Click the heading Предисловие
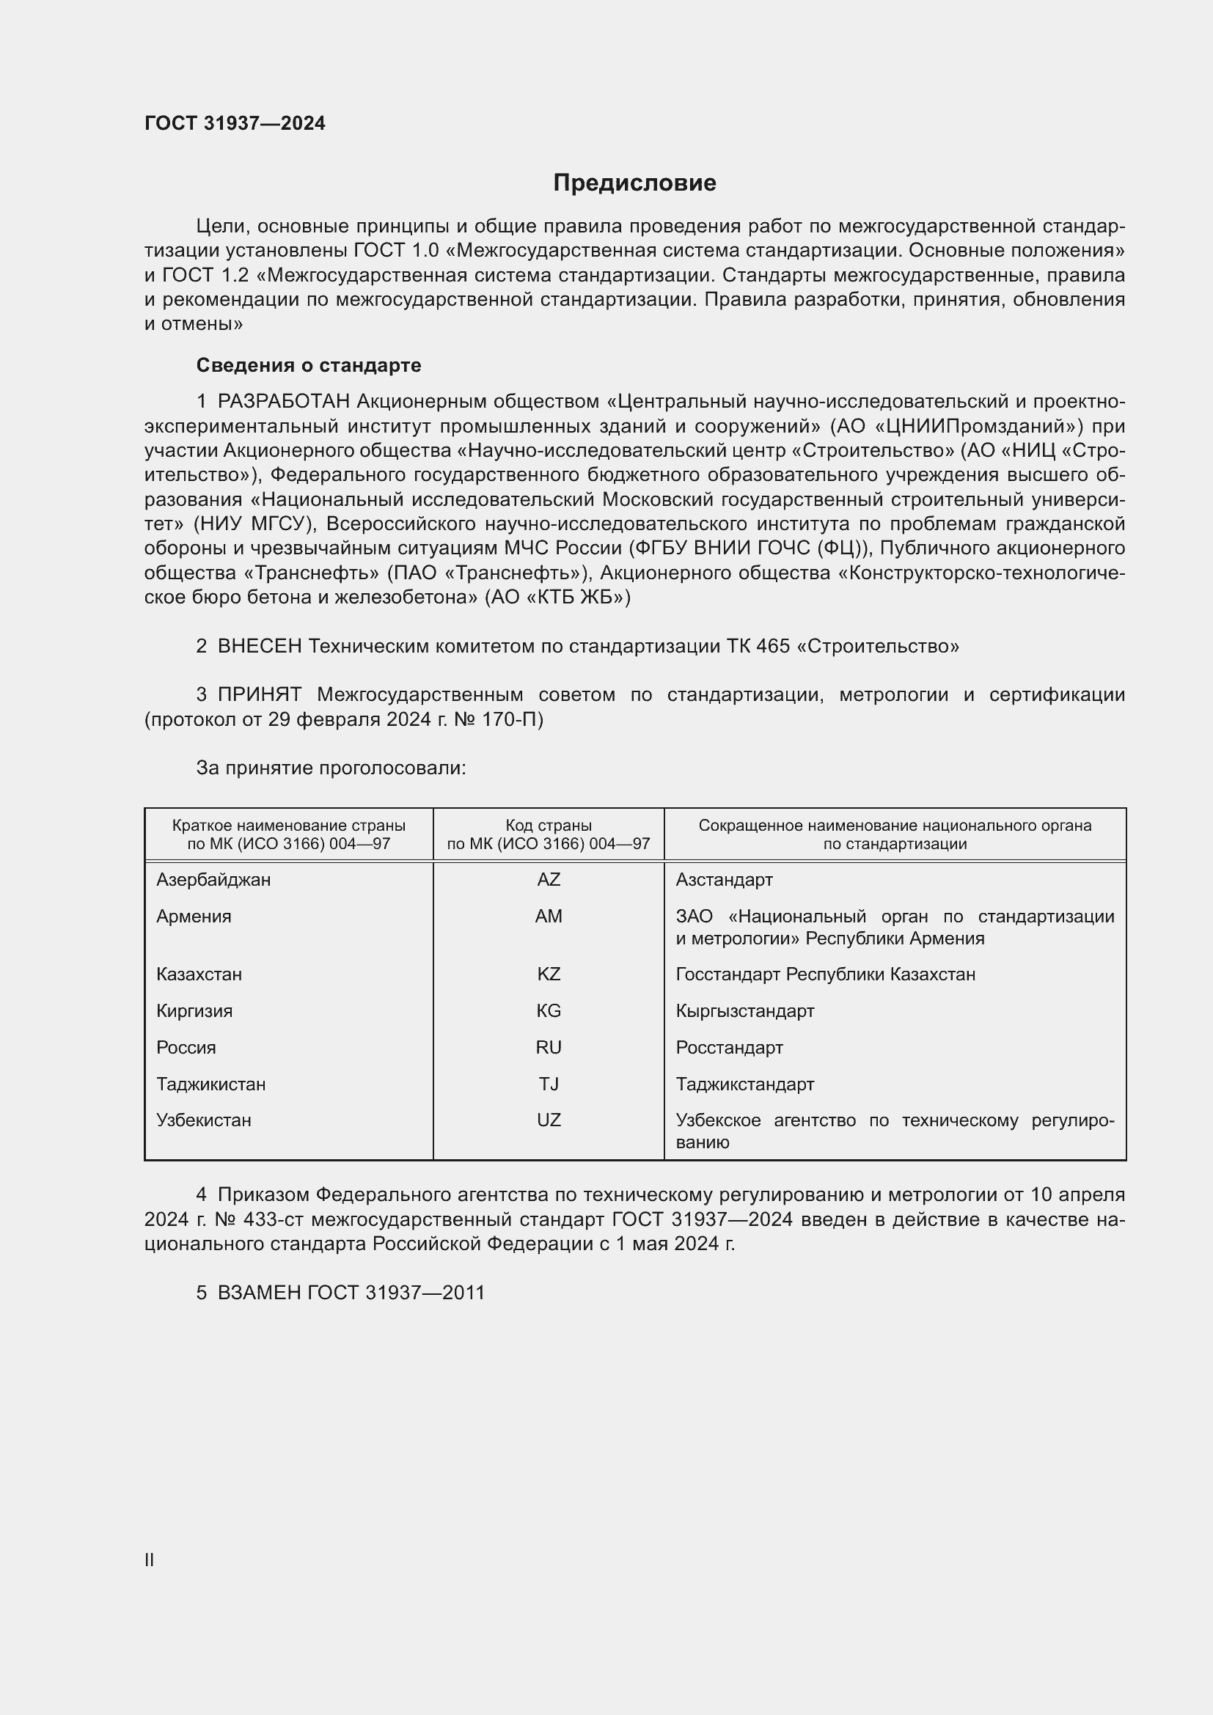point(634,183)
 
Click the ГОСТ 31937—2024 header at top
point(235,123)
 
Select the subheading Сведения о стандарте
point(309,365)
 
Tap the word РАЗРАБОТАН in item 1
point(283,402)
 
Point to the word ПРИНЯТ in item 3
point(259,694)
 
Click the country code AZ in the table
point(549,880)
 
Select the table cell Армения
point(194,917)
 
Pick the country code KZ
point(549,974)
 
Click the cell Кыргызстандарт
point(744,1011)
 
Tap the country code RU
point(549,1048)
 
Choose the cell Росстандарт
point(729,1048)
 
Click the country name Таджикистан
point(210,1084)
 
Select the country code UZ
point(549,1120)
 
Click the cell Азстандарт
point(724,880)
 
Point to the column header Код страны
point(549,826)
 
